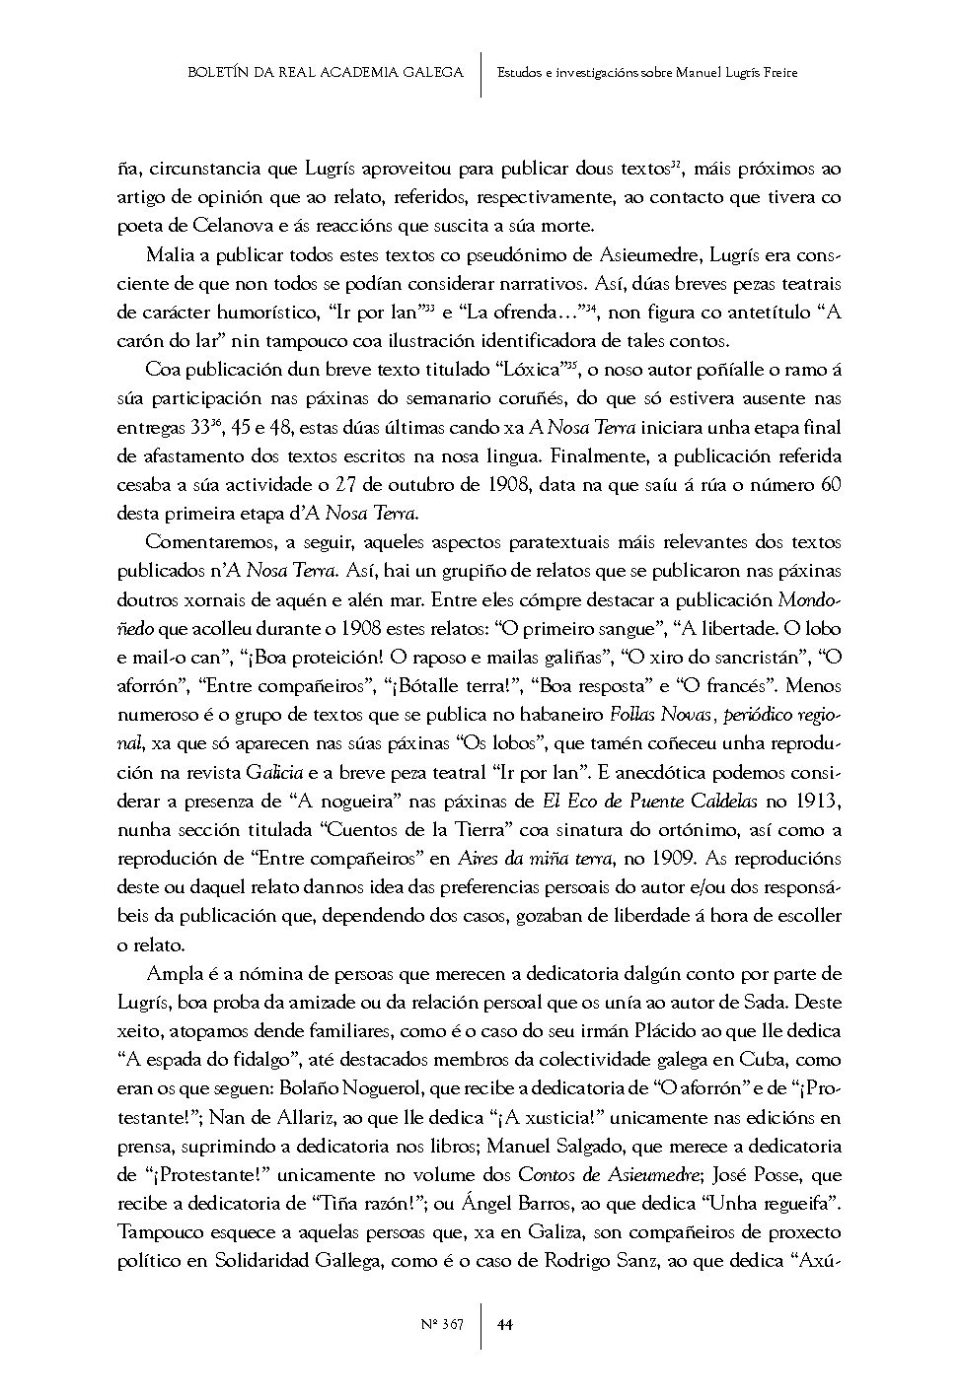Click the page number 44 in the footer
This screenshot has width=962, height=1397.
505,1324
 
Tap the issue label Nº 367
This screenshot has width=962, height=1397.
441,1324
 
